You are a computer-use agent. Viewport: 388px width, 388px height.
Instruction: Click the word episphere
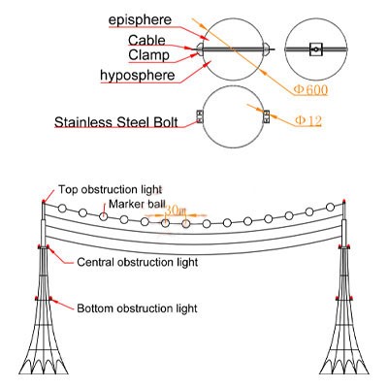140,20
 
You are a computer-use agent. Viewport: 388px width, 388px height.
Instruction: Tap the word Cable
146,41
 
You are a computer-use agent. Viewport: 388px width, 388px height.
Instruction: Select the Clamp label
148,55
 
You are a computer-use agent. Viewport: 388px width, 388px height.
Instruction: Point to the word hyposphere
138,76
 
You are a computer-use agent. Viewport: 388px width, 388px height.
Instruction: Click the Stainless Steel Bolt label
116,122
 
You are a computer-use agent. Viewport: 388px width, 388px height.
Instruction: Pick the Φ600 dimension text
310,90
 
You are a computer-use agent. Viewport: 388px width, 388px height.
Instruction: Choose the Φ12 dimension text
308,121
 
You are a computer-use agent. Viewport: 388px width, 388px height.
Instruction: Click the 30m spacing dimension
176,210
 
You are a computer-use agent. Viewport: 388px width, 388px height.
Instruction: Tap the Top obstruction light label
110,189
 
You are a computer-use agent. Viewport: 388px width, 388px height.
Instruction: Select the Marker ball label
137,204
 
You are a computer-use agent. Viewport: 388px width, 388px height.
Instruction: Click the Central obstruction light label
138,262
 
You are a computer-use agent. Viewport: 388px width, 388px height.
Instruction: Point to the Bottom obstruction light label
137,308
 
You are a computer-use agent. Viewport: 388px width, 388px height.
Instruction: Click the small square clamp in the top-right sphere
316,49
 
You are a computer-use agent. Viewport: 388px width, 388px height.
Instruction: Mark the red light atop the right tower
344,201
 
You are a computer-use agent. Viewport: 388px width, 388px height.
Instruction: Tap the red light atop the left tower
44,202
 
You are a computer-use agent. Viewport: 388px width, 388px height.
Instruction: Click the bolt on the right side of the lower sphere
267,116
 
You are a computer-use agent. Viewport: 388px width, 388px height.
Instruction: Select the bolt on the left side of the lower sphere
199,116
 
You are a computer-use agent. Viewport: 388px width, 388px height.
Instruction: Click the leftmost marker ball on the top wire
62,209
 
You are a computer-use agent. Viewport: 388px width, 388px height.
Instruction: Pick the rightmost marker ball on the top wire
330,207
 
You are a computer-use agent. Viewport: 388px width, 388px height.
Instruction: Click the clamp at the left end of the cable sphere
200,49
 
